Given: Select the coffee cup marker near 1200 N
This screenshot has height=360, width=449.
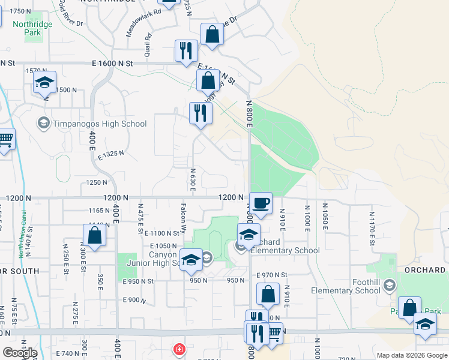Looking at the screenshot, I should coord(260,203).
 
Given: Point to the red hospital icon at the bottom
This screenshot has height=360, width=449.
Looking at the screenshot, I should coord(178,349).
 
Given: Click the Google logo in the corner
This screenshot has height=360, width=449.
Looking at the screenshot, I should coord(19,352).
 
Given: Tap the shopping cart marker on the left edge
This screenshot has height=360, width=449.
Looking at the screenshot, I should coord(5,140).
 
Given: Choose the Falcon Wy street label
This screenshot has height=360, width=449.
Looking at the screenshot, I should coord(182,219).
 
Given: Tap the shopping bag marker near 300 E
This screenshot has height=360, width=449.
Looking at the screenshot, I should coord(95,235).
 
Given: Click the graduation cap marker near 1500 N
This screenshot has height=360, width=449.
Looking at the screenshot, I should coord(44,83).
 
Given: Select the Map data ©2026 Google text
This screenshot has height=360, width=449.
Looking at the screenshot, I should coord(411,355).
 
